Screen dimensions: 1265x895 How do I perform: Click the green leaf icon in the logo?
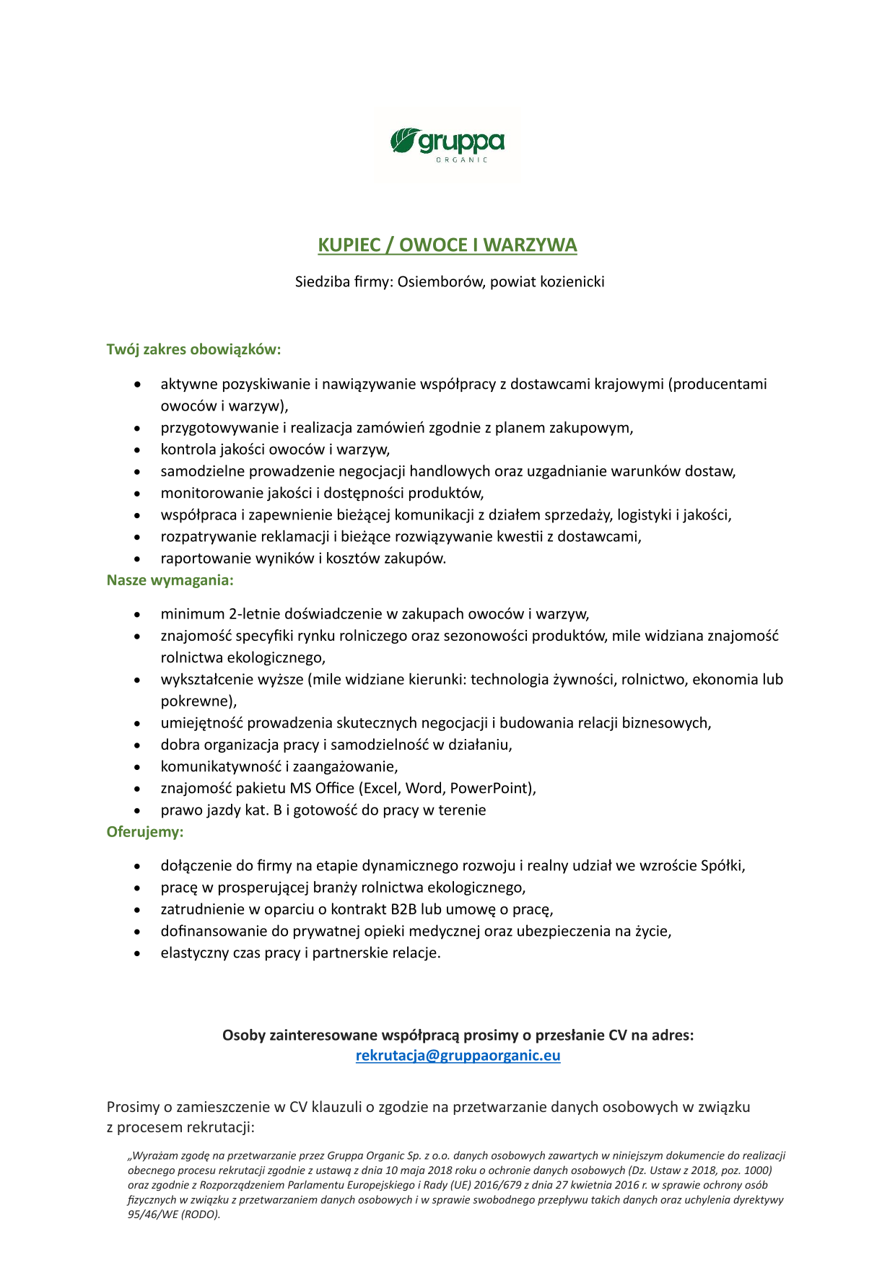405,140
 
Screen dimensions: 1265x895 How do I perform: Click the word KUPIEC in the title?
349,245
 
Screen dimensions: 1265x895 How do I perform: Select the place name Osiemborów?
442,281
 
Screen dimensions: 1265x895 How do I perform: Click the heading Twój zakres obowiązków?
193,349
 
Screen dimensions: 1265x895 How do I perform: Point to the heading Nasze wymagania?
170,580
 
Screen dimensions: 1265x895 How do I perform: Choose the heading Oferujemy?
145,832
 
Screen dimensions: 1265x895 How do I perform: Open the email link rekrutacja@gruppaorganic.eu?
458,1056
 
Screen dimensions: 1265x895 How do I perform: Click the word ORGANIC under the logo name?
462,160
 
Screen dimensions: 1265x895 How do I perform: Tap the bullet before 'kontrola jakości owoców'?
137,450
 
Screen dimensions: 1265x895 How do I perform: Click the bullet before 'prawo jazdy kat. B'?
137,811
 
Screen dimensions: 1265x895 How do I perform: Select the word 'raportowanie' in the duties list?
201,559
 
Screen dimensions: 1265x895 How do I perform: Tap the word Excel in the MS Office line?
382,788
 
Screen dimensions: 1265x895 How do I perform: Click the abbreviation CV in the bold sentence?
617,1036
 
